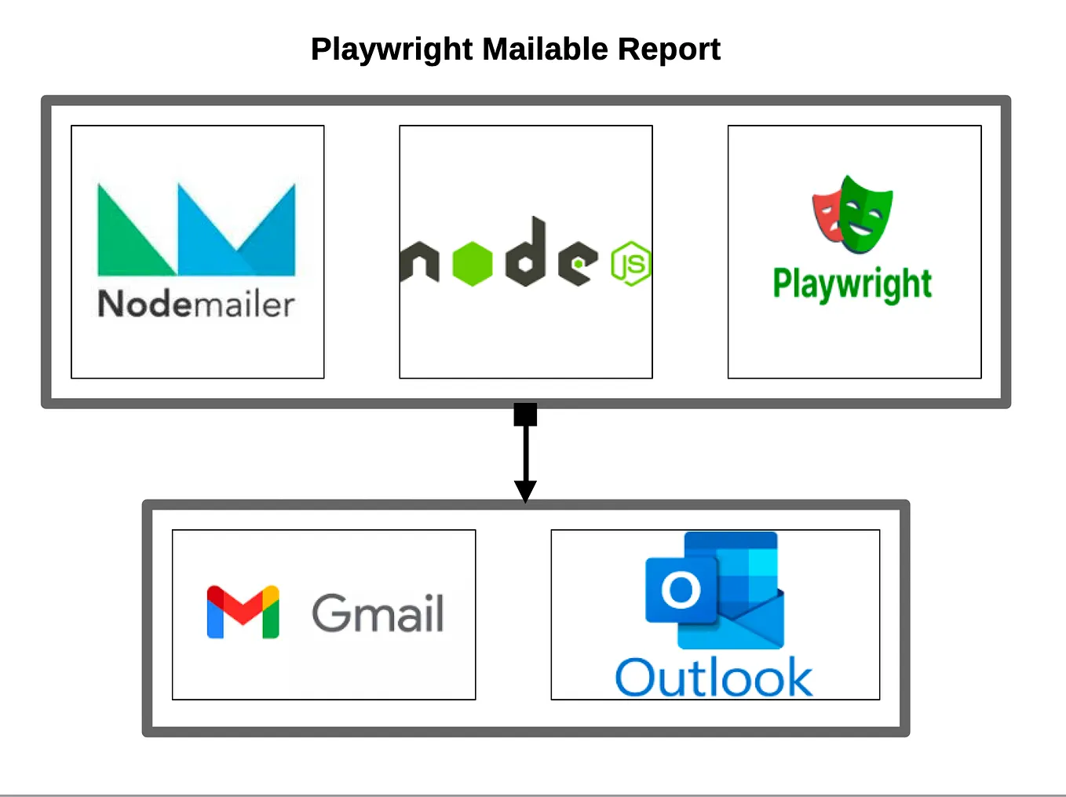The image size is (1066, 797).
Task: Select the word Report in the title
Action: tap(668, 49)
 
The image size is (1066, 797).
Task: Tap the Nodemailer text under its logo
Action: tap(196, 305)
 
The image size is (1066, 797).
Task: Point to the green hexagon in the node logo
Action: tap(473, 263)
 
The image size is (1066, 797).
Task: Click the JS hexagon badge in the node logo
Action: tap(631, 264)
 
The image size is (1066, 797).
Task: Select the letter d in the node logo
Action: tap(526, 255)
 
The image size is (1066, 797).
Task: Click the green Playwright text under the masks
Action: tap(852, 284)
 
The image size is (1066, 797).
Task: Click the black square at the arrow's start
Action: tap(525, 415)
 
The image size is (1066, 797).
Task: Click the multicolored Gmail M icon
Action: tap(243, 612)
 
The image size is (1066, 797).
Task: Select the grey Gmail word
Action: tap(378, 613)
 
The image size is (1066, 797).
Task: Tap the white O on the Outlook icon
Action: tap(681, 590)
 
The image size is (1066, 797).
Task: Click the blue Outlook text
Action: tap(714, 678)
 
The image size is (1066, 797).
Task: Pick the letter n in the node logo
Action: tap(419, 261)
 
